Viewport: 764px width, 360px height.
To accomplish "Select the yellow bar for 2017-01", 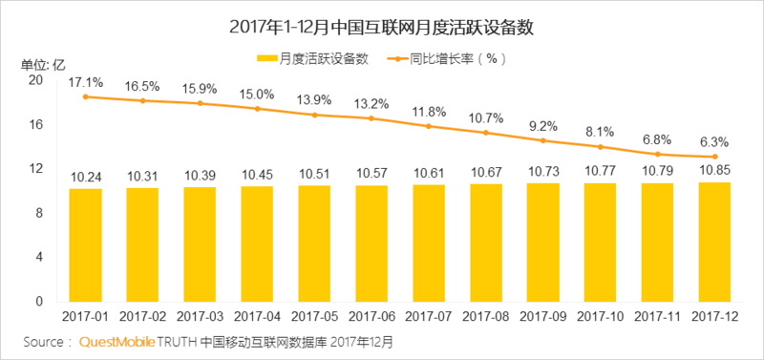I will point(85,244).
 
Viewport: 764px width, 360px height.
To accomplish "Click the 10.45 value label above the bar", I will point(257,176).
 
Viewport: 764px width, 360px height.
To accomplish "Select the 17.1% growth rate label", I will point(86,83).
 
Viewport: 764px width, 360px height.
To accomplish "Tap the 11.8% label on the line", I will point(429,112).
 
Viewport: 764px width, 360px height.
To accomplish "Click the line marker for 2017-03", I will point(200,103).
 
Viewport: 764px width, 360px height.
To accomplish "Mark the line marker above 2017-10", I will point(601,147).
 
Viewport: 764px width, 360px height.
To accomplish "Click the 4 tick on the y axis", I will point(39,257).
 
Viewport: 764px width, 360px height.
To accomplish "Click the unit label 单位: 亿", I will point(43,64).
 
